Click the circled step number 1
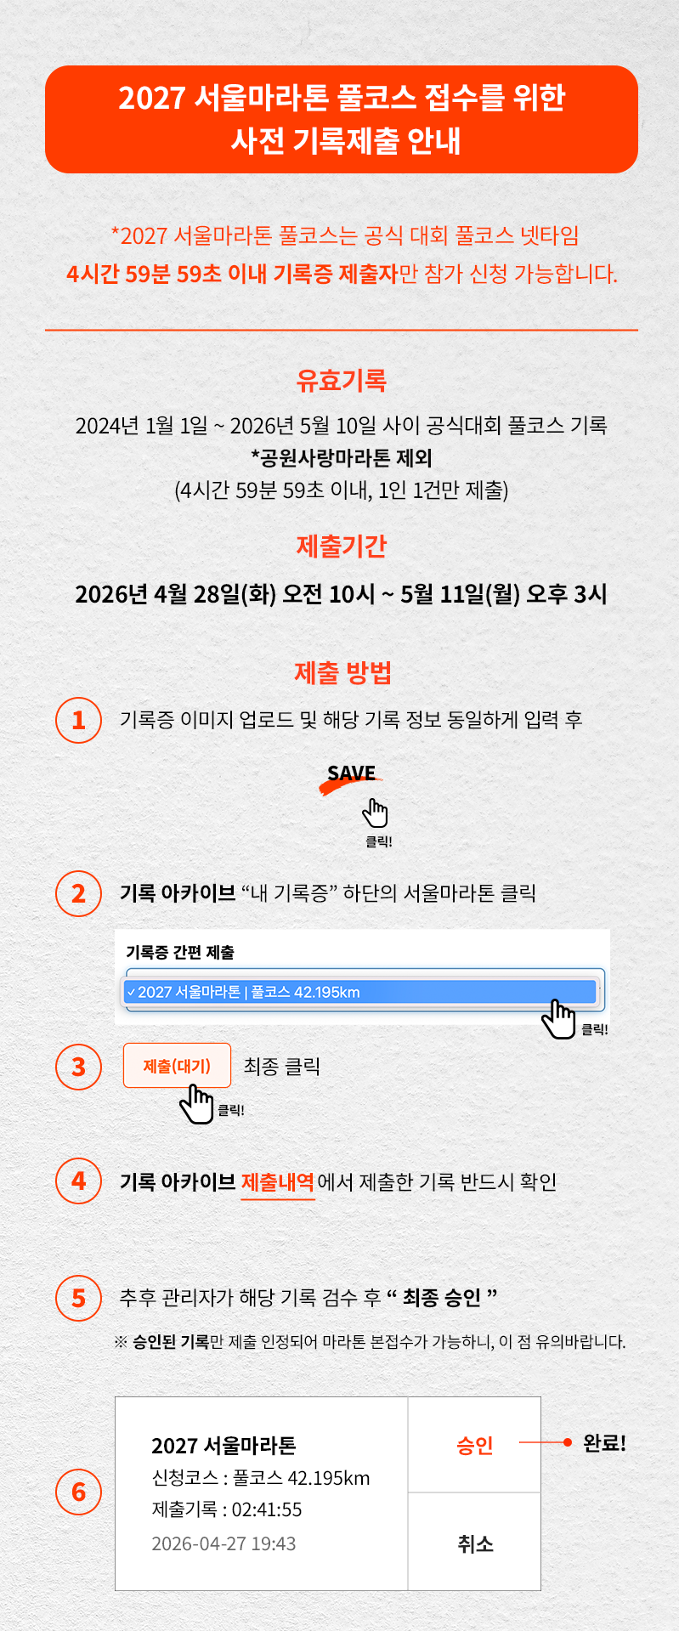point(78,720)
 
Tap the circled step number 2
point(78,893)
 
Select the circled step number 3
point(78,1066)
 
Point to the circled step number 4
point(78,1181)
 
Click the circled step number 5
point(78,1298)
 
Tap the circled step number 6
point(78,1492)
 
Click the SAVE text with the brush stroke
point(351,776)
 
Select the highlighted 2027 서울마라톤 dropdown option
point(360,992)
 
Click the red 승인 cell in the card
point(474,1445)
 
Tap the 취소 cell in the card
point(474,1542)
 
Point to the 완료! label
point(604,1443)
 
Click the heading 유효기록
point(342,380)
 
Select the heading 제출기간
point(342,546)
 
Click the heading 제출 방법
point(342,673)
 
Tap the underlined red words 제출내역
point(278,1182)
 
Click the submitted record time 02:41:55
point(267,1509)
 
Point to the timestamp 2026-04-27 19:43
point(224,1543)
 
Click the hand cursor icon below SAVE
point(375,813)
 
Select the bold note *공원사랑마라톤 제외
point(342,458)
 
